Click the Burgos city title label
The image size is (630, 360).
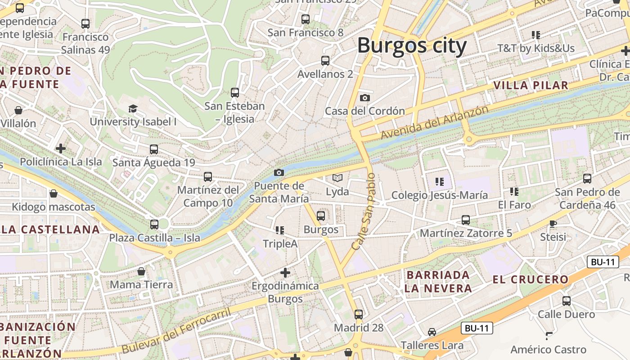tap(412, 46)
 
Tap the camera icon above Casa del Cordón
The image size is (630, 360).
tap(365, 98)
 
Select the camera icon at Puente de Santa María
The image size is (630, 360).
tap(279, 173)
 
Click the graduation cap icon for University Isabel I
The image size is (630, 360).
tap(133, 108)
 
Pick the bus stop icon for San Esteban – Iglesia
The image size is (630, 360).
tap(234, 93)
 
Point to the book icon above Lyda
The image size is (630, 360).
tap(337, 178)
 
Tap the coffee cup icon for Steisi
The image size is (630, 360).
tap(553, 224)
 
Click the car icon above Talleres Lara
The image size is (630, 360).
tap(432, 332)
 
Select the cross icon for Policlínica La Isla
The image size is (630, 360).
tap(61, 148)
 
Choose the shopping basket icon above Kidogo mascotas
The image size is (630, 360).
tap(54, 193)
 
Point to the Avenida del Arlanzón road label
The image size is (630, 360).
tap(434, 122)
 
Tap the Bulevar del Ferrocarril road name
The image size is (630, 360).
tap(176, 330)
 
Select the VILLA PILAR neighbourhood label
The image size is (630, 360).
tap(531, 85)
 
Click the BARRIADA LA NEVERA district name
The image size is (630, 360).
tap(438, 282)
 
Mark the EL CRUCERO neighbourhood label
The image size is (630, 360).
tap(531, 279)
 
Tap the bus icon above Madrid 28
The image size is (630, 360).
tap(359, 315)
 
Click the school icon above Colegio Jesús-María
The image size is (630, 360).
tap(440, 182)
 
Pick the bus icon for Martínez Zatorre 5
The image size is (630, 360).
tap(466, 220)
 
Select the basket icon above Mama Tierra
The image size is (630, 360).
tap(141, 271)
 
